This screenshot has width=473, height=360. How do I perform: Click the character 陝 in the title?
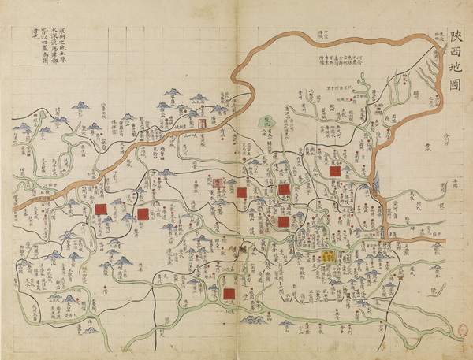pos(456,35)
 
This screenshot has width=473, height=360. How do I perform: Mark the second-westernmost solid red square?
pos(143,213)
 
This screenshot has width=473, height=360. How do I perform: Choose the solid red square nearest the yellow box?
pos(284,222)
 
